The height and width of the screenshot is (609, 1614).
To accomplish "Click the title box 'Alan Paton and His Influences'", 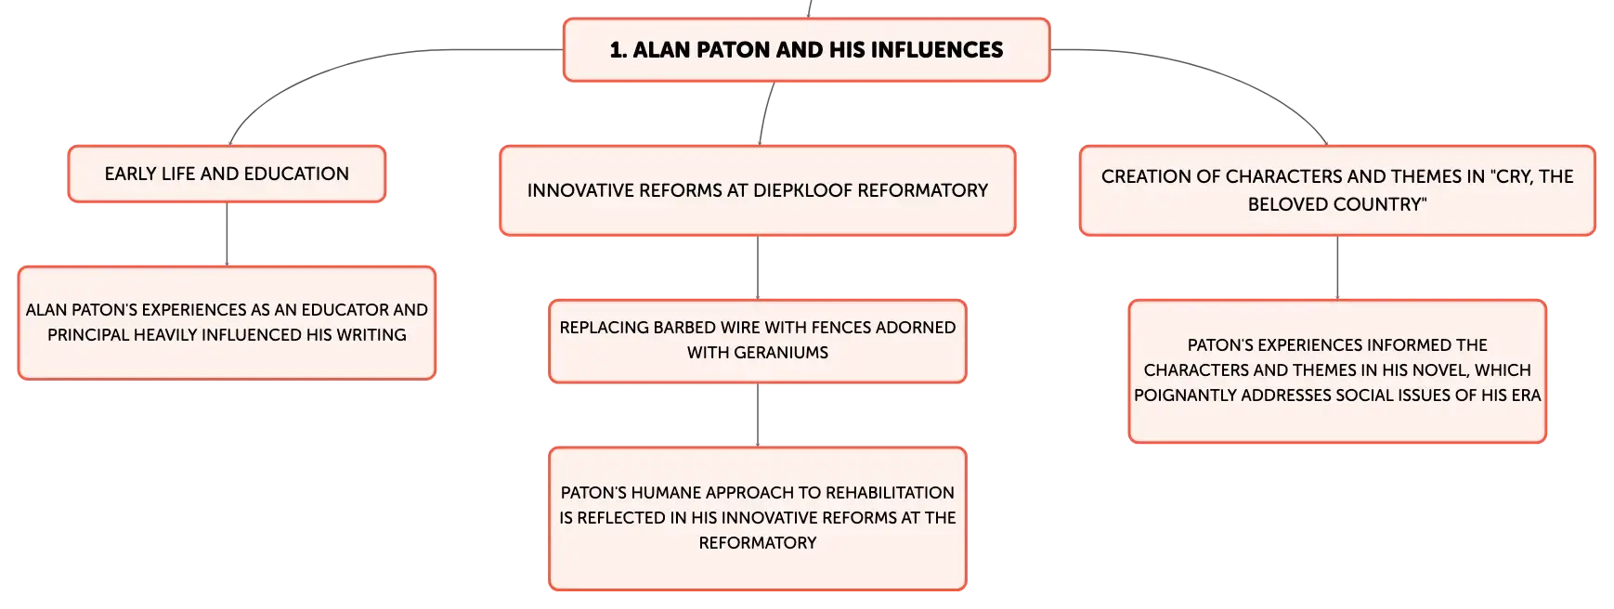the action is pos(806,50).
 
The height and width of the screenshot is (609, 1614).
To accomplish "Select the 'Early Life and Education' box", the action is pos(227,174).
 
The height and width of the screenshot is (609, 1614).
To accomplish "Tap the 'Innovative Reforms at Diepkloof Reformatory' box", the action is pos(758,190).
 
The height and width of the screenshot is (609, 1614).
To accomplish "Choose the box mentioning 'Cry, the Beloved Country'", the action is pos(1337,190).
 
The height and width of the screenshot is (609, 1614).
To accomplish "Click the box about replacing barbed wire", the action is pos(758,341).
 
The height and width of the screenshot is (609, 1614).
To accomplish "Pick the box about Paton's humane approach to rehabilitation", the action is pos(758,518).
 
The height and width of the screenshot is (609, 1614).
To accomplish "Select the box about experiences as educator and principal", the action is pos(227,323).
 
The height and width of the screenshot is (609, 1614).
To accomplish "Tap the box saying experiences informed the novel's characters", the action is pos(1337,370).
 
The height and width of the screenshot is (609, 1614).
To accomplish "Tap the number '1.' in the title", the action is pos(618,50).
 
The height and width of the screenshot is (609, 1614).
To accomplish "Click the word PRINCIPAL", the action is pos(88,335).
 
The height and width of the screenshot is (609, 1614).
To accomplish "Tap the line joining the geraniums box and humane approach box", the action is pos(758,415).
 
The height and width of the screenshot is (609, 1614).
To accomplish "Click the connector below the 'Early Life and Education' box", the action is pos(227,234).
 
